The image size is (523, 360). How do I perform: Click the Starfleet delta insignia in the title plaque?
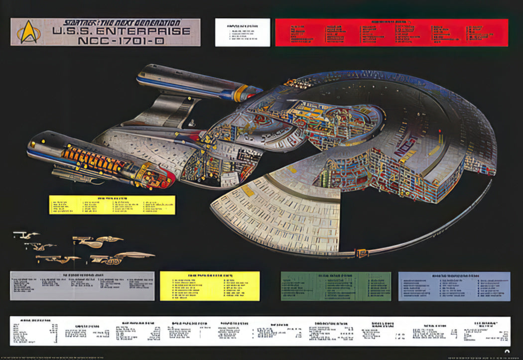tap(28, 32)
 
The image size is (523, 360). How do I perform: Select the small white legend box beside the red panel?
tap(243, 32)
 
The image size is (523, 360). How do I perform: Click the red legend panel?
tap(392, 32)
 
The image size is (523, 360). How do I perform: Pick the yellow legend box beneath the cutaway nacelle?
tap(112, 205)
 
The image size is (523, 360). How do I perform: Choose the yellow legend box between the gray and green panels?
tap(210, 286)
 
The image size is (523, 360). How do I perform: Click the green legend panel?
tap(336, 286)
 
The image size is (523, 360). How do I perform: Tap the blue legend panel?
tap(454, 286)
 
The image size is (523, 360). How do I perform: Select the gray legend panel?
tap(82, 286)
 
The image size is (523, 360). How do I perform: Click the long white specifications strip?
tap(260, 331)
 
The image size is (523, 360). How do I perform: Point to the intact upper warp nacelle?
tap(194, 82)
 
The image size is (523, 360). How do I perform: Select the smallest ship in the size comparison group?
tap(26, 235)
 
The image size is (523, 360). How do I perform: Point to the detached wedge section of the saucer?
tap(279, 209)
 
